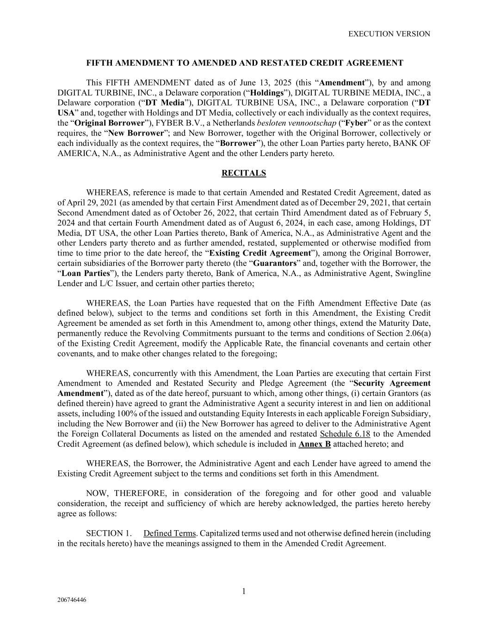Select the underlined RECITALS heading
244,173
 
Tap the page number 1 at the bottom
244,591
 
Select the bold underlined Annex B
315,444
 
